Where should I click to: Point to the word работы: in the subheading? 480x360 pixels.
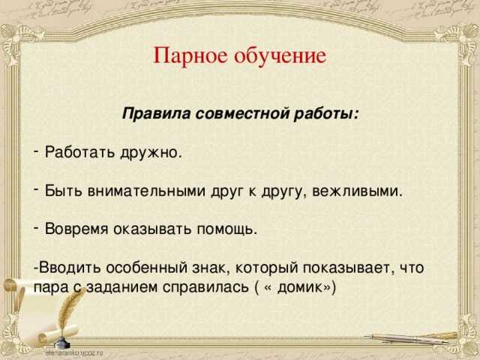pyautogui.click(x=325, y=114)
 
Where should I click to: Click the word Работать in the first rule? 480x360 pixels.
pyautogui.click(x=79, y=151)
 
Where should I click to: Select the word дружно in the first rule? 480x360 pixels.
pyautogui.click(x=151, y=153)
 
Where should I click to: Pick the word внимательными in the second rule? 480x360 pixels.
pyautogui.click(x=146, y=191)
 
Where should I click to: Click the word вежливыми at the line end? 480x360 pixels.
pyautogui.click(x=357, y=192)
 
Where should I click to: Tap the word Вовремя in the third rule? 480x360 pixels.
pyautogui.click(x=76, y=229)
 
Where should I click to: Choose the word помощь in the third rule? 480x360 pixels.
pyautogui.click(x=226, y=229)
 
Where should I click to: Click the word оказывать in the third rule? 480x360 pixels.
pyautogui.click(x=152, y=229)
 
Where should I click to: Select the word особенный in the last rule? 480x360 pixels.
pyautogui.click(x=147, y=268)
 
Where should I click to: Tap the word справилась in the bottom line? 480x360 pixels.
pyautogui.click(x=205, y=288)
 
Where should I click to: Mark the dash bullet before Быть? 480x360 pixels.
pyautogui.click(x=37, y=190)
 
